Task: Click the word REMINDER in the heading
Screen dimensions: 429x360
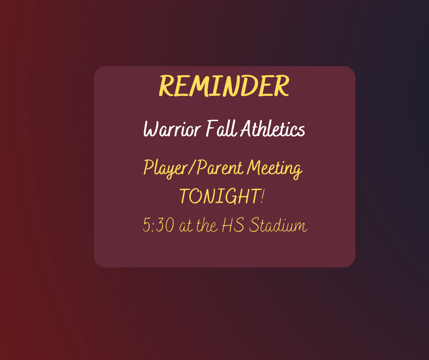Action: pos(224,86)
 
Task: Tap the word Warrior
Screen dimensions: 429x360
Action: pos(173,129)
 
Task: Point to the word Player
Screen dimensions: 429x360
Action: pos(166,169)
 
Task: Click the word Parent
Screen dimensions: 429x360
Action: pos(220,167)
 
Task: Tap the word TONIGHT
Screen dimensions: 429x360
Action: pos(220,196)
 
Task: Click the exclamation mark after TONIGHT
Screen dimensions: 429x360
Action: pos(263,196)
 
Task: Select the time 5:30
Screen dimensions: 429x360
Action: pos(159,225)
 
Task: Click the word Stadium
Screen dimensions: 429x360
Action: pos(277,225)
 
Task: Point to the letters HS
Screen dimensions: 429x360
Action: pos(233,225)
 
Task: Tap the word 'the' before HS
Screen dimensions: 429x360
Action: pos(207,225)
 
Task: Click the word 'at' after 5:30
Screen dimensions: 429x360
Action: pos(186,226)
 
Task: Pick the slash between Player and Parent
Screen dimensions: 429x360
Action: pos(192,168)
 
